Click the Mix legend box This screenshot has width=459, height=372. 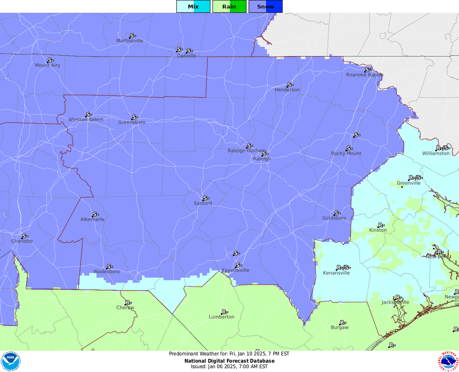193,6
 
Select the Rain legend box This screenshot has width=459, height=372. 229,6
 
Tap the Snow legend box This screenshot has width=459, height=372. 265,6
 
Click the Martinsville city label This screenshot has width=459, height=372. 130,41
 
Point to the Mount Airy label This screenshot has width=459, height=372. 48,65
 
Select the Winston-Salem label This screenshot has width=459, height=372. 86,120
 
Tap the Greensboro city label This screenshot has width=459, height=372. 132,123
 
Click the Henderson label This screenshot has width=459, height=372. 287,90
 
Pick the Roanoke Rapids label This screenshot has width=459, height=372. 365,75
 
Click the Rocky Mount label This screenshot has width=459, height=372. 346,154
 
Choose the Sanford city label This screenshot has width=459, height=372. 203,204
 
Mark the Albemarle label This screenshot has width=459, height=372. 92,220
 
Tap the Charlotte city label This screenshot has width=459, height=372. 22,241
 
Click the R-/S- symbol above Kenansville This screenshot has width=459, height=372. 343,267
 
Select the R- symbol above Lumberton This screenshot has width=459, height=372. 225,312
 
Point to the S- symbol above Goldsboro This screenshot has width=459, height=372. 337,213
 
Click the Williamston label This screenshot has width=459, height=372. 436,154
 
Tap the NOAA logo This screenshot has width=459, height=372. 10,361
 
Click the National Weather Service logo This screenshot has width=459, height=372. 448,361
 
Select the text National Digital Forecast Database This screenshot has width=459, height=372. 229,361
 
